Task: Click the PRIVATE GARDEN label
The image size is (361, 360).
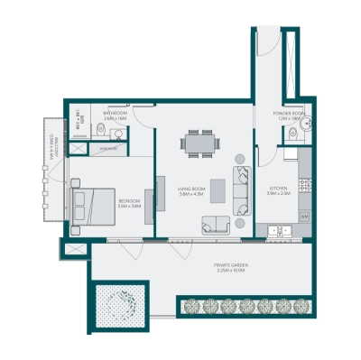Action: [231, 266]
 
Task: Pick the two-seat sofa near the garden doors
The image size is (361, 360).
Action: [215, 226]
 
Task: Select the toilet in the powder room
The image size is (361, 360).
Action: [291, 135]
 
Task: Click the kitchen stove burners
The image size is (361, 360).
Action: [305, 186]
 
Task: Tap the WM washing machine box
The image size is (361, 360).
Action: [304, 217]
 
